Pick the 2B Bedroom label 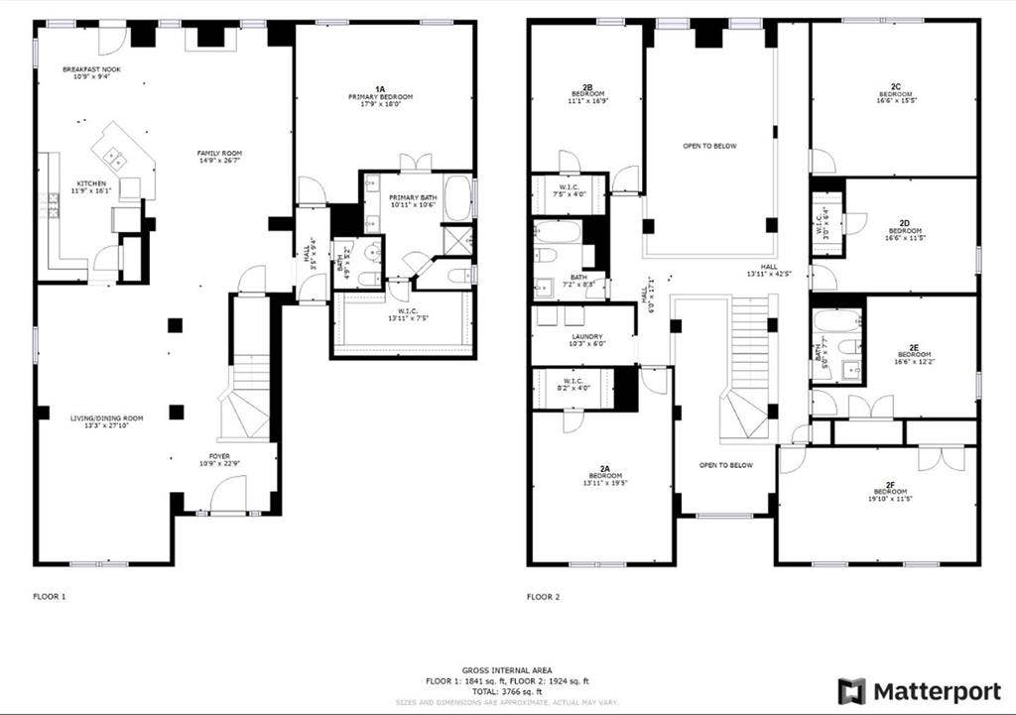[x=587, y=95]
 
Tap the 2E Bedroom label [x=914, y=354]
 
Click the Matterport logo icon [x=851, y=691]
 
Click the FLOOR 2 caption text [x=544, y=597]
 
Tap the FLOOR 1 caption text [x=50, y=597]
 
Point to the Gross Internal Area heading [x=508, y=670]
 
